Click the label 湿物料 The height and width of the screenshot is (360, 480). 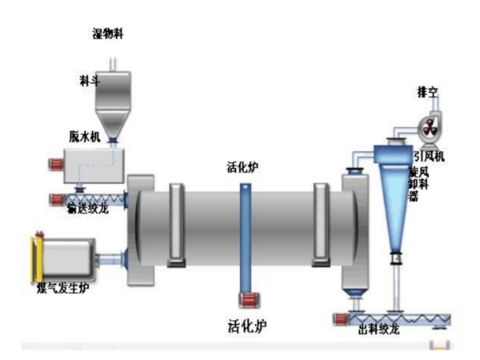pos(110,33)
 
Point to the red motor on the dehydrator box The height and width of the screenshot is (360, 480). pos(56,165)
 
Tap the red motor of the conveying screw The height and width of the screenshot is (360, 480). pos(56,198)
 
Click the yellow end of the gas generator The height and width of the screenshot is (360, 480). pos(36,257)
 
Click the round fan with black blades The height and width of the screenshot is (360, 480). pos(429,126)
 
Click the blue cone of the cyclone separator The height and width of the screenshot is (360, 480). pos(394,208)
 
